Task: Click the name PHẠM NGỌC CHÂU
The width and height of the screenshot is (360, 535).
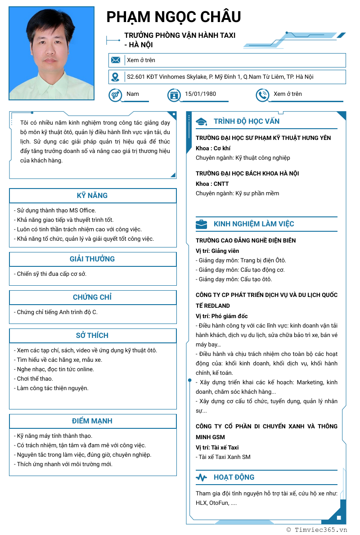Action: tap(174, 17)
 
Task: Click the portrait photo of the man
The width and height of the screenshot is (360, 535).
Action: tap(52, 53)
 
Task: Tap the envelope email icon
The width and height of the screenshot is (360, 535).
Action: tap(116, 60)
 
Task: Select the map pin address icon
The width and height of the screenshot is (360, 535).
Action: tap(116, 77)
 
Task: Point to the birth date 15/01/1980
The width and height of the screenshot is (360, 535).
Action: tap(200, 94)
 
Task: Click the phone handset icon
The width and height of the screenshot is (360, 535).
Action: tap(262, 95)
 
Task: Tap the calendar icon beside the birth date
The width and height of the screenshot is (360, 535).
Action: tap(174, 95)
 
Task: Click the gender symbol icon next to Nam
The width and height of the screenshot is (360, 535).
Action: tap(115, 95)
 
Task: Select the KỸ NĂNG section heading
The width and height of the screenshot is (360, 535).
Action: tap(92, 196)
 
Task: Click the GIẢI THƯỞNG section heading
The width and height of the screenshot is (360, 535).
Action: tap(92, 259)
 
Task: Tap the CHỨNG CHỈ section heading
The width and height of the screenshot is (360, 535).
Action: tap(92, 297)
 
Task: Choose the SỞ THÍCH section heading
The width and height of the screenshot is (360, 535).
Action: tap(92, 336)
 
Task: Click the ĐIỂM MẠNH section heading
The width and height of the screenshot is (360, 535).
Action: tap(92, 421)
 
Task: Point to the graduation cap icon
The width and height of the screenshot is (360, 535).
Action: tap(201, 121)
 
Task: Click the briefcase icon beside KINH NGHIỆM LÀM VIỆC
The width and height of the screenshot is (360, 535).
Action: tap(201, 224)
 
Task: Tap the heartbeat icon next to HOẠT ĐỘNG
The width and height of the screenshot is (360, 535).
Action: tap(201, 477)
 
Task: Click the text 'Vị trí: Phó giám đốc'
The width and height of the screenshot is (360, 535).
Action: tap(222, 316)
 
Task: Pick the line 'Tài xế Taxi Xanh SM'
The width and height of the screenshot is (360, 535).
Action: tap(223, 457)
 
